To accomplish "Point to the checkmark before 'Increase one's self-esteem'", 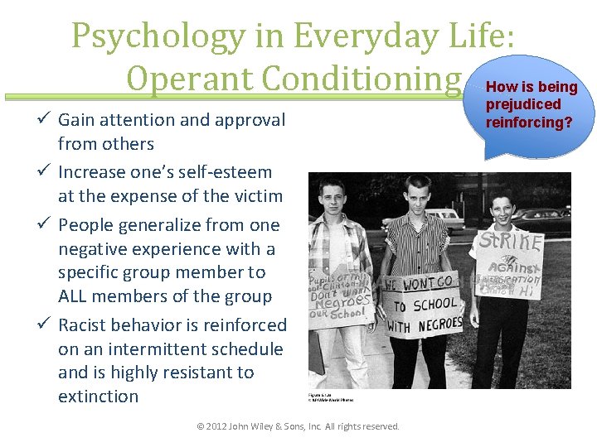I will coord(46,172).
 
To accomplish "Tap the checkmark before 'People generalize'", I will coord(46,225).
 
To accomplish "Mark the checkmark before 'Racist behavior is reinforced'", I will coord(46,325).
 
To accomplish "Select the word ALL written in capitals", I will coord(77,296).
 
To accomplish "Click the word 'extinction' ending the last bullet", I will coord(98,397).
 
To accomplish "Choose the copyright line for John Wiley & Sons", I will coord(298,426).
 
